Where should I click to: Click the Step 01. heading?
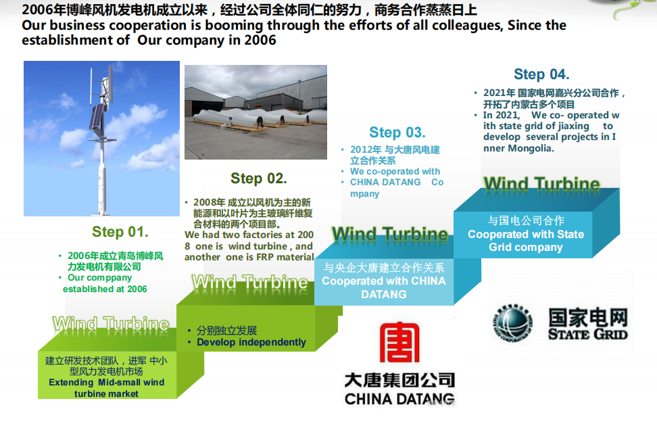(120, 232)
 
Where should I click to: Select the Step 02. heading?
(259, 179)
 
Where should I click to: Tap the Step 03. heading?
(397, 133)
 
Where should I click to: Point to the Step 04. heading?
(541, 74)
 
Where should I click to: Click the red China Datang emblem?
(399, 342)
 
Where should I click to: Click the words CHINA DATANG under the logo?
(399, 399)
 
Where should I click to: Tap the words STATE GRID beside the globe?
(588, 334)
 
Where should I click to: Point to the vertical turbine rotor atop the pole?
(103, 84)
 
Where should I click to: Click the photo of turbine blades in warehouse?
(255, 112)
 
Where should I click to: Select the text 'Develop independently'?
(251, 342)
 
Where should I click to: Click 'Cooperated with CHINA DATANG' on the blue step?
(384, 287)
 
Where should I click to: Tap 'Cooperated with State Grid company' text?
(526, 241)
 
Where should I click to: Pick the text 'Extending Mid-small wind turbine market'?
(106, 387)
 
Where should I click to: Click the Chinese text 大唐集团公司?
(399, 379)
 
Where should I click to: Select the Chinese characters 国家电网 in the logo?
(588, 317)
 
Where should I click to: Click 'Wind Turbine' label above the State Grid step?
(542, 184)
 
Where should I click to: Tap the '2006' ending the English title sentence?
(260, 40)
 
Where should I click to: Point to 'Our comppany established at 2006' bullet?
(105, 283)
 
